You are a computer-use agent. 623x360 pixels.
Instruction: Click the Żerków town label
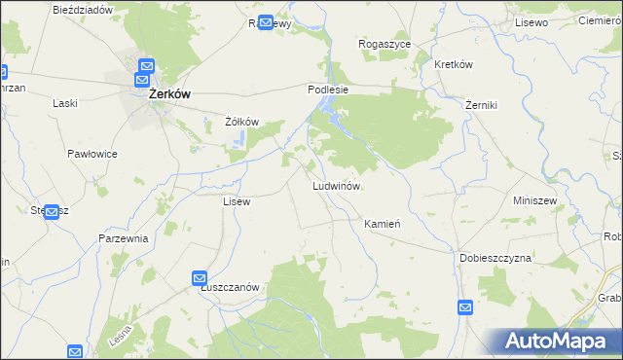168,95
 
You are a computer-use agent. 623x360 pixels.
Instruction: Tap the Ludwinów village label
337,186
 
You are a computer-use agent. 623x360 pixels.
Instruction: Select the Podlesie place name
328,89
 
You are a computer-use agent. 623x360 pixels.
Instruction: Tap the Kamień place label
383,224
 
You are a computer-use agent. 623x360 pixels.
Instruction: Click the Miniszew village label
534,200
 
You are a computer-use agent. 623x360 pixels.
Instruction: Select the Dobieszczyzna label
495,259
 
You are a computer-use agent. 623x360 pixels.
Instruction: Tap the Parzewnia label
123,238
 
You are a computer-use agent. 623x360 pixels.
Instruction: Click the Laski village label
65,103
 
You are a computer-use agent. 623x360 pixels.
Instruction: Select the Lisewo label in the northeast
532,21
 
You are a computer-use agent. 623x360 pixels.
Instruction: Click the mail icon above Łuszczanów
200,278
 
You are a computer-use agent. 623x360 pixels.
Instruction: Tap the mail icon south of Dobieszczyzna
465,308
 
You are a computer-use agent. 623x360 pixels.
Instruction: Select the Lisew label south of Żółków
237,201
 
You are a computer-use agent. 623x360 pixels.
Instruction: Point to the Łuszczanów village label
229,287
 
